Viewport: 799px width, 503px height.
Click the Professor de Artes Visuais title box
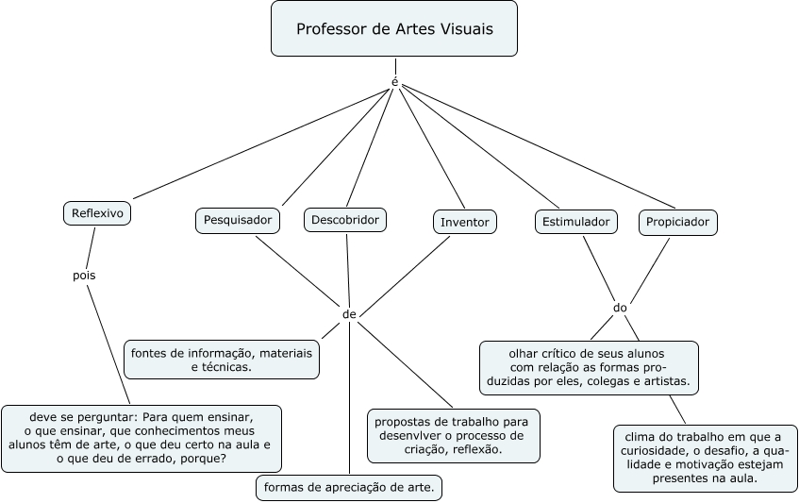click(x=394, y=29)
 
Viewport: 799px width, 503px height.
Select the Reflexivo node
click(x=97, y=213)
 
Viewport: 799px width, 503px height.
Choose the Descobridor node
click(x=345, y=220)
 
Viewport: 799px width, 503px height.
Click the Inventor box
click(x=465, y=223)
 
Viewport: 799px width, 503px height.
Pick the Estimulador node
click(x=576, y=222)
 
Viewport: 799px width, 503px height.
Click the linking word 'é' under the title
click(x=394, y=81)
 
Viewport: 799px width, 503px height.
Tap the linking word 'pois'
click(x=84, y=276)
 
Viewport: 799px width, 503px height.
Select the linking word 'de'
click(x=349, y=313)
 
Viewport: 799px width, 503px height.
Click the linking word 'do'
click(x=620, y=308)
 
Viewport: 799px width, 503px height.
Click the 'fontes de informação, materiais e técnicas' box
click(x=222, y=359)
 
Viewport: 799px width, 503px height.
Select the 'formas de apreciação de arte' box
click(x=349, y=488)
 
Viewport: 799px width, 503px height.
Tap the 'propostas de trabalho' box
click(x=454, y=435)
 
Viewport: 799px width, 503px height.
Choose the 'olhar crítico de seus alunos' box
click(x=589, y=367)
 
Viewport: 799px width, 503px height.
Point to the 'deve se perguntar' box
click(x=141, y=438)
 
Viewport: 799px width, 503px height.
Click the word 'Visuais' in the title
click(x=460, y=29)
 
